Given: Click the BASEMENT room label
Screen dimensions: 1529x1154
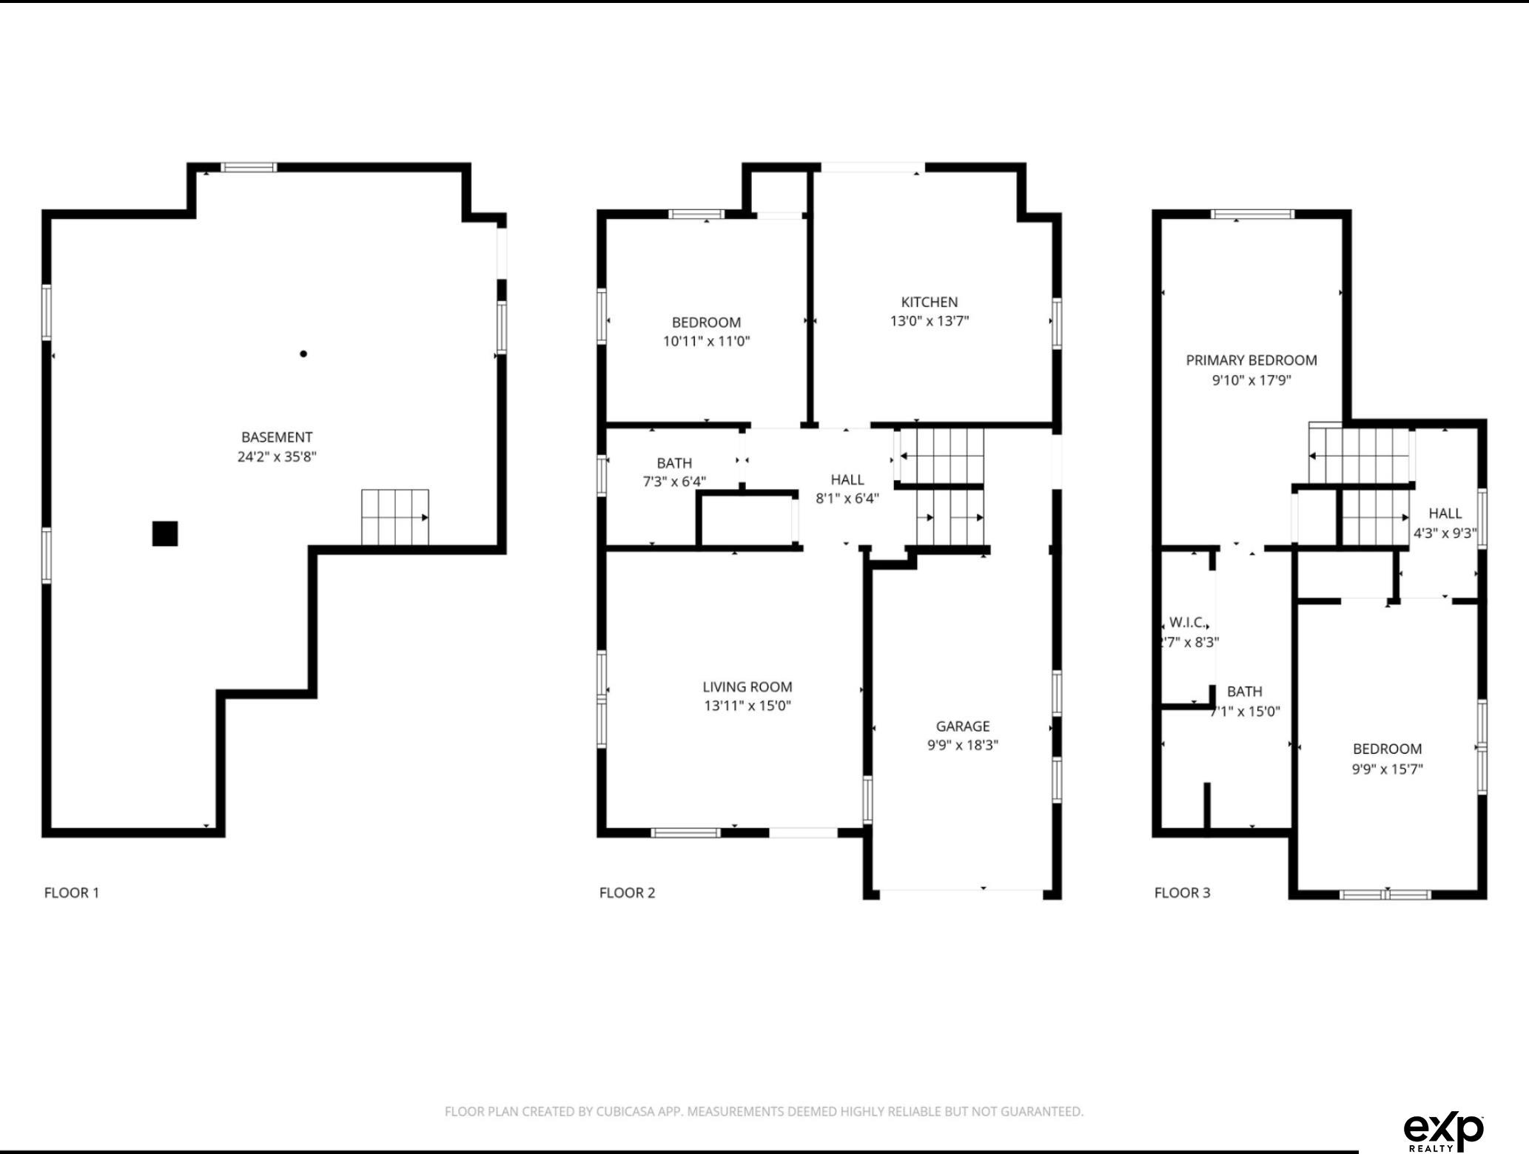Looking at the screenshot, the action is click(277, 437).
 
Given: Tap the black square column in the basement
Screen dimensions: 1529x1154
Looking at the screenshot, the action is click(165, 533).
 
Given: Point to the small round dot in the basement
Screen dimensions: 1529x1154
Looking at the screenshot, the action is click(303, 354).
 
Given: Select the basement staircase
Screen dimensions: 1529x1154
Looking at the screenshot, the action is click(395, 517).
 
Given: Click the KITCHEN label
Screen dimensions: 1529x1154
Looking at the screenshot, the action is click(930, 302).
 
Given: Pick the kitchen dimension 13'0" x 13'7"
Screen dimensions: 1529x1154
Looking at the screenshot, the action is click(930, 321).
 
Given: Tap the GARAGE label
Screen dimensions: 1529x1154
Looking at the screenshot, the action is click(963, 726).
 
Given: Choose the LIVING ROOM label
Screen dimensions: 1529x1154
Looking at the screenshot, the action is click(747, 686).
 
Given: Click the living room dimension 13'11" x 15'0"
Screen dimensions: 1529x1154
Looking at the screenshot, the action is click(747, 706).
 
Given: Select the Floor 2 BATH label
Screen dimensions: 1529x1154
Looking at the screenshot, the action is click(674, 463).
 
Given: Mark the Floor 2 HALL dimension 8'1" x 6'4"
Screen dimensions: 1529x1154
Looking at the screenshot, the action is click(847, 499).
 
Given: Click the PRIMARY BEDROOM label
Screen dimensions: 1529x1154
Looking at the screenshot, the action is click(1251, 360).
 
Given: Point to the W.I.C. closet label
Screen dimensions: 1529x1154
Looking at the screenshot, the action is click(1187, 623).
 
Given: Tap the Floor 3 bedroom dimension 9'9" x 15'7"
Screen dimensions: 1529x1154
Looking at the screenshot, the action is click(1388, 769).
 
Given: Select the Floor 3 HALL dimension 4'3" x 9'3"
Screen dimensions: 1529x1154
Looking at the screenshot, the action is click(1445, 533).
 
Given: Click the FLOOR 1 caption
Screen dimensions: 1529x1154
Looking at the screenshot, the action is click(72, 893).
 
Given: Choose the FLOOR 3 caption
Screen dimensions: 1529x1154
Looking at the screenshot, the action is click(1183, 893).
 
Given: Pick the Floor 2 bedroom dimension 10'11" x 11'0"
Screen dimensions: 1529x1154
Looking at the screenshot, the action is click(707, 341).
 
